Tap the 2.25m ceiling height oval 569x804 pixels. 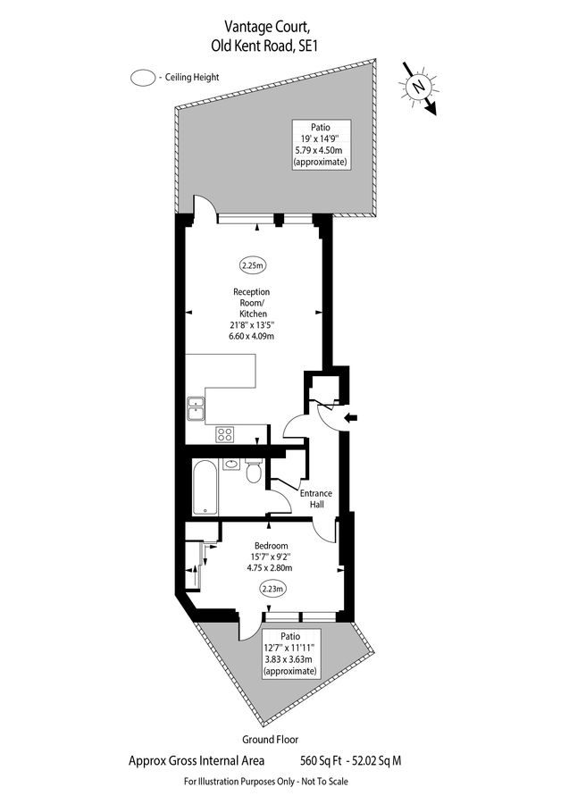[x=253, y=264]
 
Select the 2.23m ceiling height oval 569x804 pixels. [x=272, y=588]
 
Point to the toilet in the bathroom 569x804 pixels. [x=254, y=471]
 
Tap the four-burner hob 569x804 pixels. [x=225, y=436]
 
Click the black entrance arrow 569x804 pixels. [x=350, y=417]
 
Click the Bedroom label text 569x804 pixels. [x=271, y=545]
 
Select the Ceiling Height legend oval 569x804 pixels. [x=142, y=78]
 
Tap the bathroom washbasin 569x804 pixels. [x=231, y=464]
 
